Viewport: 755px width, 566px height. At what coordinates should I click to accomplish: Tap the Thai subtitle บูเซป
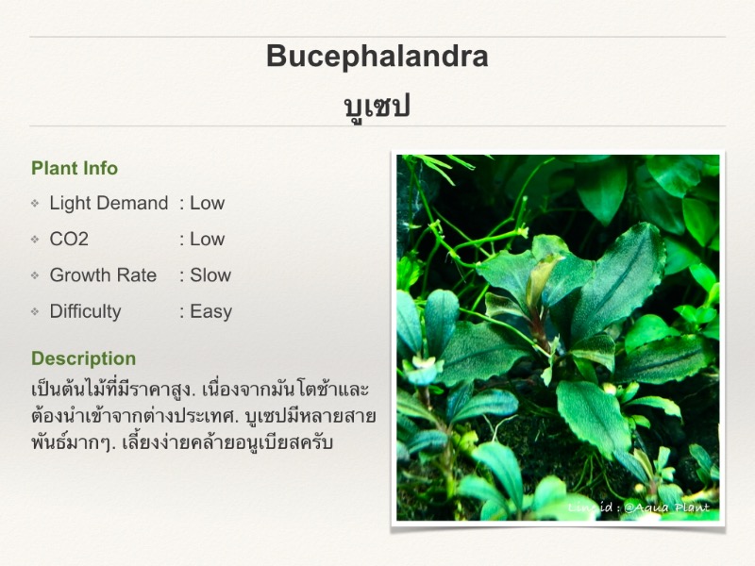coord(377,107)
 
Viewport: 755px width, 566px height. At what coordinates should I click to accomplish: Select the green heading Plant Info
coord(75,168)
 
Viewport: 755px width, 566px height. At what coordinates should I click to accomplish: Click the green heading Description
coord(84,358)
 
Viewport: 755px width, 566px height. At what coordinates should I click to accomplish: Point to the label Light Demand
coord(109,204)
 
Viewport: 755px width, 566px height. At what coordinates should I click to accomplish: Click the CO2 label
coord(69,239)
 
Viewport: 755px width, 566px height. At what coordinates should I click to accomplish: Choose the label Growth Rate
coord(103,275)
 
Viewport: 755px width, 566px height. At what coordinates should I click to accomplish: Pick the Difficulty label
coord(85,311)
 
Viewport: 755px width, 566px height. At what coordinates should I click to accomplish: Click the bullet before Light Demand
coord(35,204)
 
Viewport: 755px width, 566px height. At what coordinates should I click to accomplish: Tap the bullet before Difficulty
coord(35,312)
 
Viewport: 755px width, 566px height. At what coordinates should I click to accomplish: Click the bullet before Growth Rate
coord(35,275)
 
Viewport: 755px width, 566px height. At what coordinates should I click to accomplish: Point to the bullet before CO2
coord(35,240)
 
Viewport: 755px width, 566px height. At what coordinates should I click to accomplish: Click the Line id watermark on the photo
coord(639,508)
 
